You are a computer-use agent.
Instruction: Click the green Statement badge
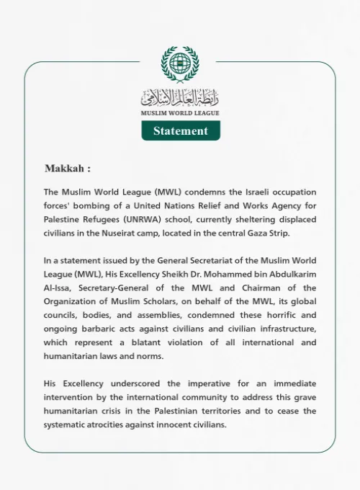tap(180, 130)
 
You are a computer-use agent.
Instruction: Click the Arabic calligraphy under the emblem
tap(180, 97)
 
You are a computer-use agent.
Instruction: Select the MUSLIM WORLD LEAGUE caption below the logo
tap(180, 113)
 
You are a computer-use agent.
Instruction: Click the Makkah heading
tap(68, 169)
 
